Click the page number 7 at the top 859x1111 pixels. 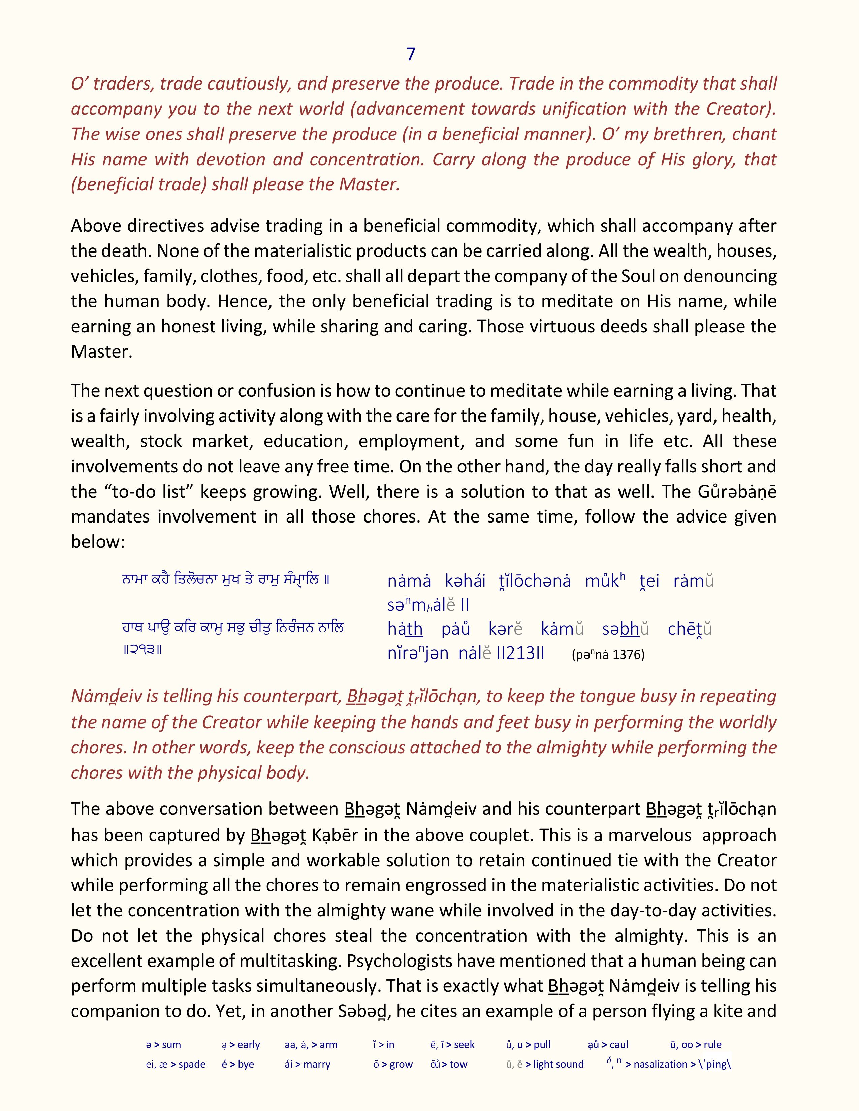coord(411,55)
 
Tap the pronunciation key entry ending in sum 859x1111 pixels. coord(163,1045)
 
